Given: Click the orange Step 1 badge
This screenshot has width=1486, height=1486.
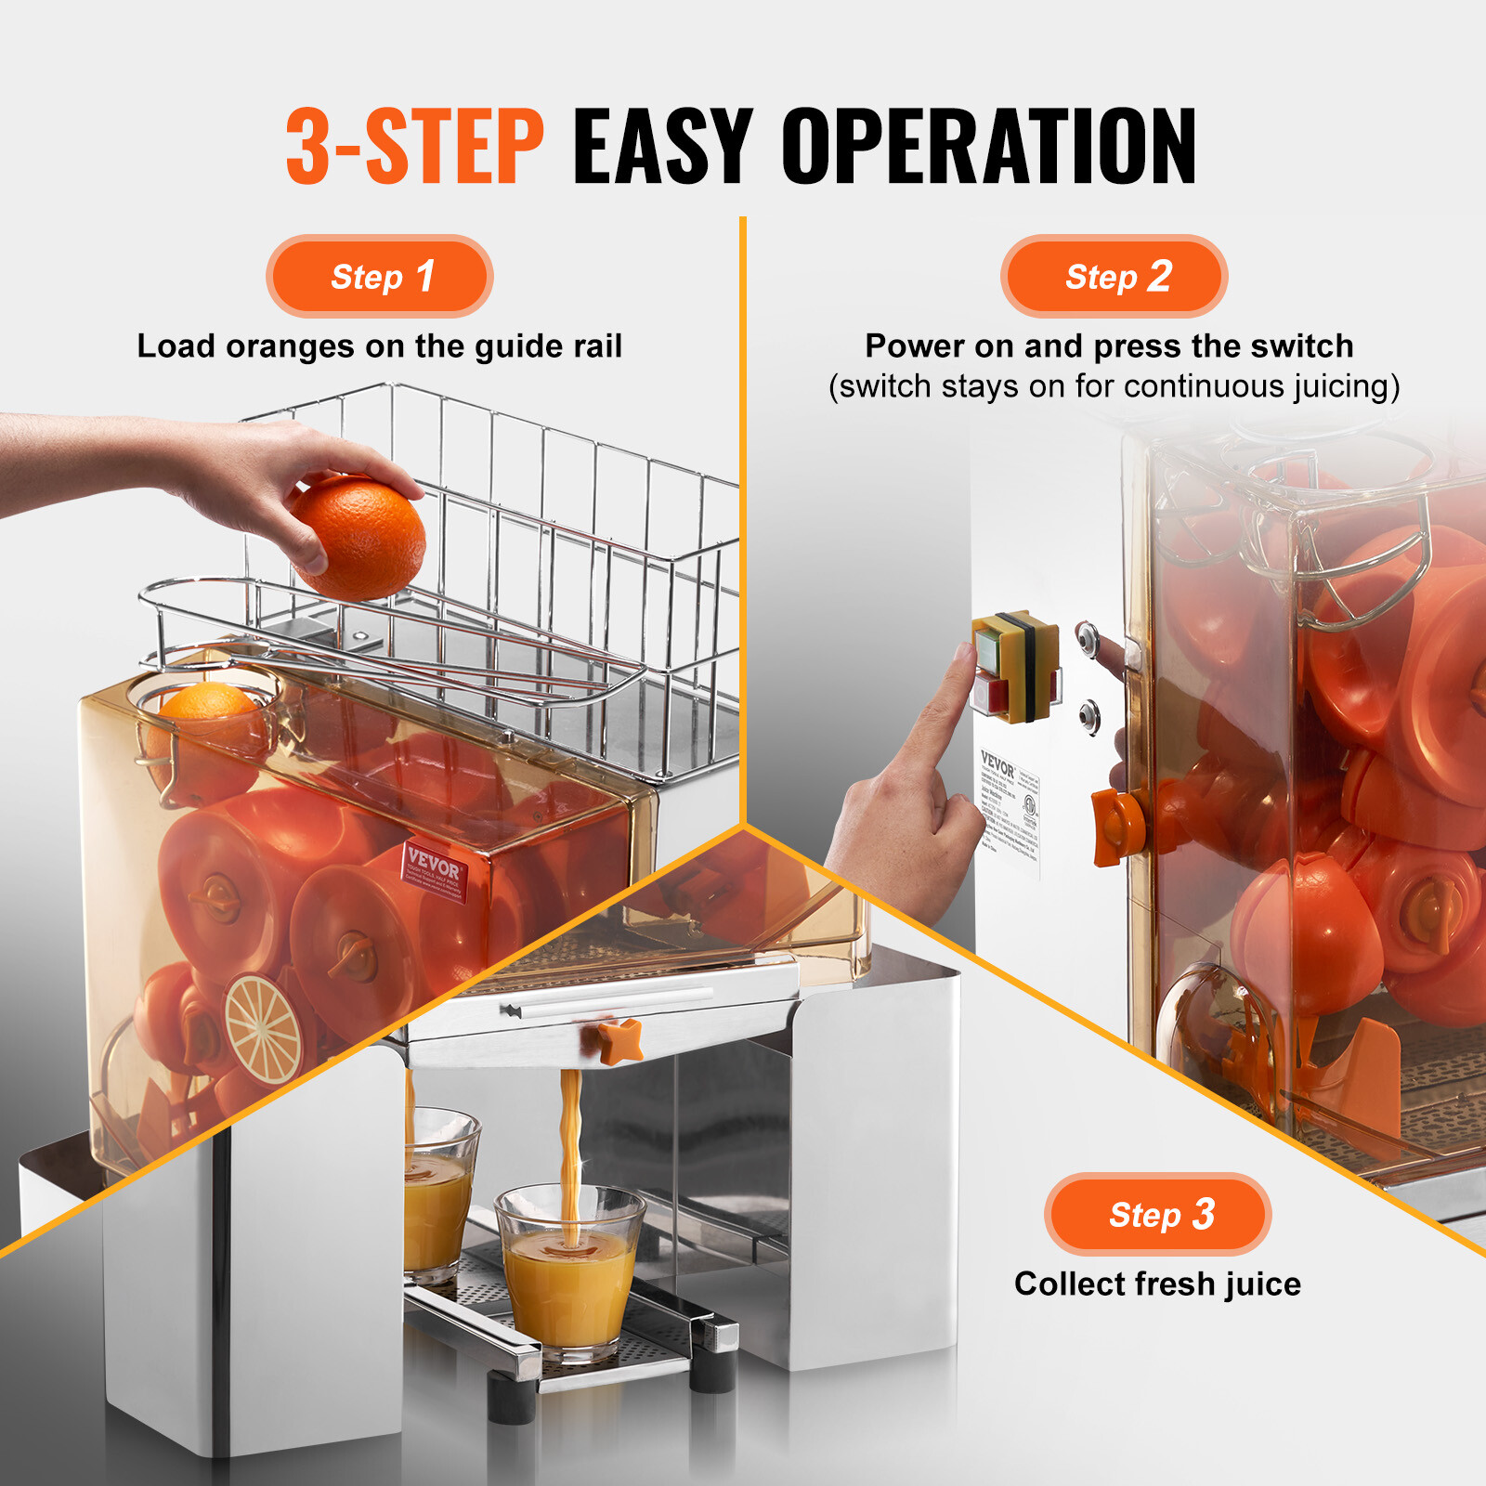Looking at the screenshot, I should click(x=379, y=276).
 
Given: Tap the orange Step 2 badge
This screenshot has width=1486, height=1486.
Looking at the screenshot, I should click(x=1114, y=276).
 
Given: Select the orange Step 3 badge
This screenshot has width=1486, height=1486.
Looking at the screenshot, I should click(x=1157, y=1214).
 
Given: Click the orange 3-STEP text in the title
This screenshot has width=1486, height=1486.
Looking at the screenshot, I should click(x=414, y=146).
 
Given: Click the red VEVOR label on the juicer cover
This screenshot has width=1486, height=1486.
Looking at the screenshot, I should click(x=433, y=870).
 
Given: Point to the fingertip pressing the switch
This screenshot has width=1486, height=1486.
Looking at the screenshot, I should click(x=962, y=658).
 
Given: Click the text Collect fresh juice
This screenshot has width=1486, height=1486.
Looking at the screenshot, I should click(x=1157, y=1284).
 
